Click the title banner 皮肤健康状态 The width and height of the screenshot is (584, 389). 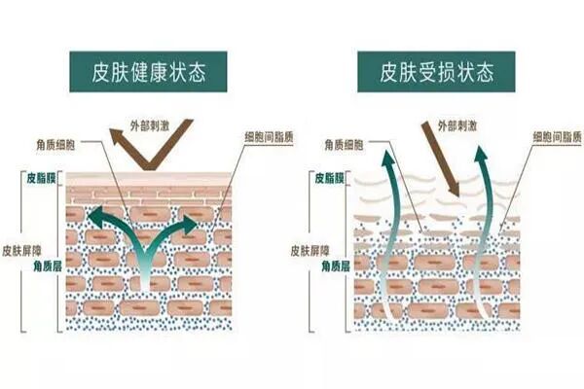point(149,72)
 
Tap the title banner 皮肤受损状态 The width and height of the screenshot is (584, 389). point(436,72)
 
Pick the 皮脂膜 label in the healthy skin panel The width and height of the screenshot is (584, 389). point(45,179)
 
